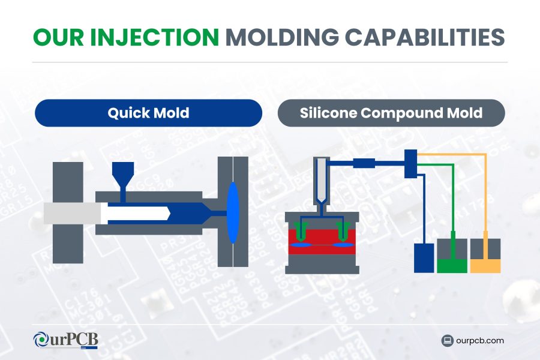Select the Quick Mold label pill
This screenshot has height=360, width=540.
tap(148, 113)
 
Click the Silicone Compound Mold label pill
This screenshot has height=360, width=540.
tap(391, 113)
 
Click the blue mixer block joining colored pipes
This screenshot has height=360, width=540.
tap(411, 164)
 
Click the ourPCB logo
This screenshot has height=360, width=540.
tap(65, 340)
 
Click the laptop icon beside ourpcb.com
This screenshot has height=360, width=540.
tap(446, 341)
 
